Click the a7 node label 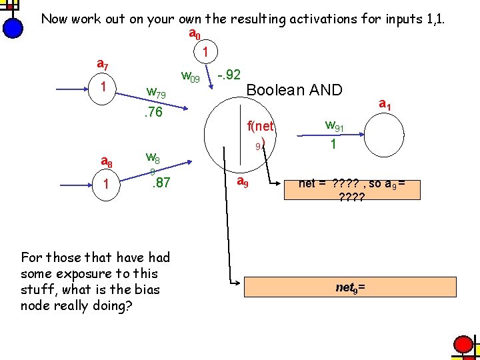coord(103,65)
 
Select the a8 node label coord(106,161)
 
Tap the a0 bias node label coord(195,33)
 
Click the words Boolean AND coord(294,89)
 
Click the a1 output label coord(385,104)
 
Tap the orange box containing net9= coord(351,287)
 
